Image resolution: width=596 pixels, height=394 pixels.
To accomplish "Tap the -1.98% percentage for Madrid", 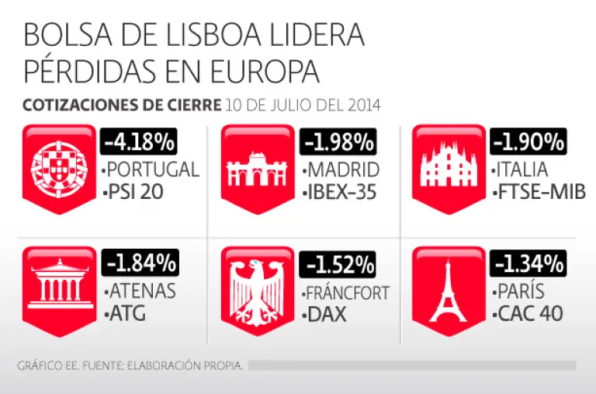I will pyautogui.click(x=338, y=142).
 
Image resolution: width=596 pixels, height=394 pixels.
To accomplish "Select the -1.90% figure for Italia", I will pyautogui.click(x=528, y=141).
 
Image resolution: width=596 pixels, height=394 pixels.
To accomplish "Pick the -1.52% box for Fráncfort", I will pyautogui.click(x=338, y=264).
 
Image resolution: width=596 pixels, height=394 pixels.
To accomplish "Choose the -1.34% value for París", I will pyautogui.click(x=528, y=264).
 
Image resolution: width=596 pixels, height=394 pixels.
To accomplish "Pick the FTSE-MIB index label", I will pyautogui.click(x=539, y=191).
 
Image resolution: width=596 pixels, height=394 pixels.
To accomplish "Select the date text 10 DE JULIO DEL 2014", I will pyautogui.click(x=303, y=105).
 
